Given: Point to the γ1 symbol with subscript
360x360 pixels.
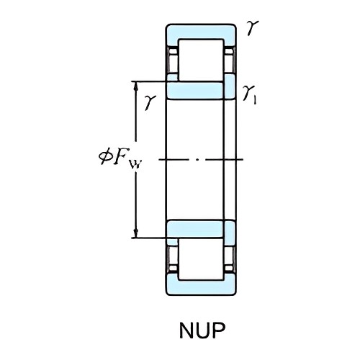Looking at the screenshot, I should click(251, 93).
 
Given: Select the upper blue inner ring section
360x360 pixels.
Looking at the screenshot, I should click(194, 89).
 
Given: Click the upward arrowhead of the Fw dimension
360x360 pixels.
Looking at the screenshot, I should click(135, 86).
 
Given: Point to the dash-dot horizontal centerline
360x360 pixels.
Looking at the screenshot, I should click(201, 159).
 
